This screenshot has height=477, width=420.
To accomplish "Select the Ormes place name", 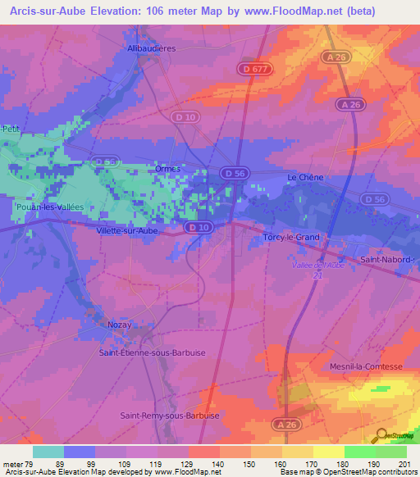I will coord(167,169).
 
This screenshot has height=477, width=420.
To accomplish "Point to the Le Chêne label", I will coord(305,178).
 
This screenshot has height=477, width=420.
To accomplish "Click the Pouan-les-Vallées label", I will coord(49,208).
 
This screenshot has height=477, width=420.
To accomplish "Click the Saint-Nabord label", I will coord(388,260).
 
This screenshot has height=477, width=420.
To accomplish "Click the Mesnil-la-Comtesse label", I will coord(366,366).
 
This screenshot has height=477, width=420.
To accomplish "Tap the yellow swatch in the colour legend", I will coord(328,451).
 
